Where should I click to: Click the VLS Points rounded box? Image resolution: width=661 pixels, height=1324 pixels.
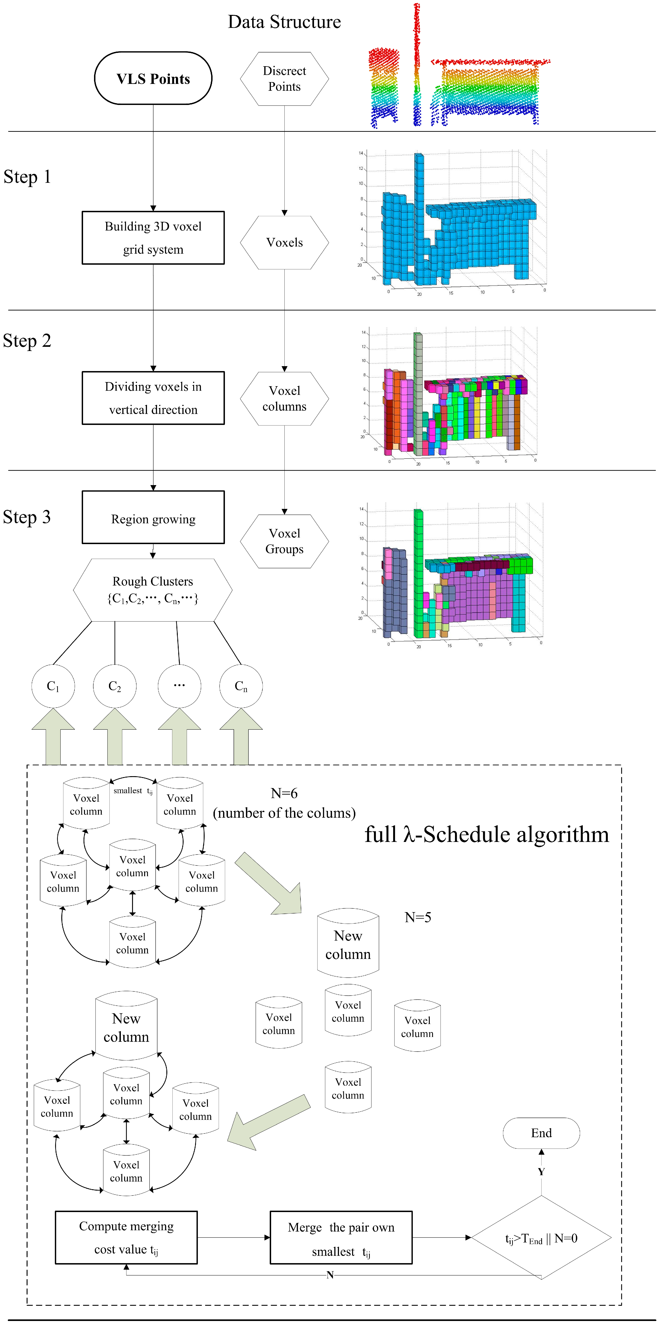click(153, 78)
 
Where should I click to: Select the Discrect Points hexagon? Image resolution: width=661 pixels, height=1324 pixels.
click(284, 79)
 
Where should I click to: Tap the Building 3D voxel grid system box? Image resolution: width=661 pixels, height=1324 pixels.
click(153, 237)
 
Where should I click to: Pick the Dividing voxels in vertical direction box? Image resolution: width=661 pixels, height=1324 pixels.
click(153, 398)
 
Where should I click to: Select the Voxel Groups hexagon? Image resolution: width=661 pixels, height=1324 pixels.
click(284, 541)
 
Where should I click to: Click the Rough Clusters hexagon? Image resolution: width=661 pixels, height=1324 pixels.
click(153, 590)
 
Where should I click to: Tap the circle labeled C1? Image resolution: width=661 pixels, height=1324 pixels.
click(53, 686)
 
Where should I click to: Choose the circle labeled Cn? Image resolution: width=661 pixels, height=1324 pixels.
click(241, 686)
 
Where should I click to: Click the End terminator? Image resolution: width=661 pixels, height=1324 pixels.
click(541, 1133)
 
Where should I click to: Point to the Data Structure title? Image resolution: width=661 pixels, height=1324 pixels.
click(284, 22)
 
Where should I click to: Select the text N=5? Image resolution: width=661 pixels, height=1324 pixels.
click(418, 917)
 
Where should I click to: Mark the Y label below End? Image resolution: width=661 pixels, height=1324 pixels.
click(541, 1171)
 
